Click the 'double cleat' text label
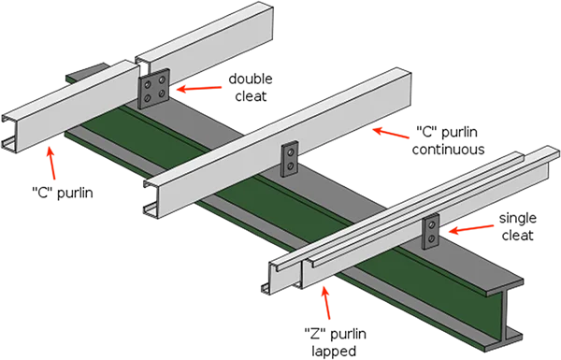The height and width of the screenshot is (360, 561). (251, 87)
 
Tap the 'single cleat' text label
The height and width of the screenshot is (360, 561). (517, 226)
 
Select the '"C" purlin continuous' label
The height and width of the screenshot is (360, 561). (448, 140)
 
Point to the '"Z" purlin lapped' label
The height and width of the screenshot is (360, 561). (335, 342)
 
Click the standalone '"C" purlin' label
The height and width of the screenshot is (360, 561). (63, 193)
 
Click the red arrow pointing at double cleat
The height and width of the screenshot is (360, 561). (199, 88)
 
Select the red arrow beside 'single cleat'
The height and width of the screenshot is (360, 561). (471, 229)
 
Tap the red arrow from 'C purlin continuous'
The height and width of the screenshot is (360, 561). (391, 133)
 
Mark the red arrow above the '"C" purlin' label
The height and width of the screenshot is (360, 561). (51, 164)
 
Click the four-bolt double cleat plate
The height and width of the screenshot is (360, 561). (154, 89)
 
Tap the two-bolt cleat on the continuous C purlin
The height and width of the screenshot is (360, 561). (290, 159)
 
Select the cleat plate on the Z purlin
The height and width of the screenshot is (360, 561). (430, 231)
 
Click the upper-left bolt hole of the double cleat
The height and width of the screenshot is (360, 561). (147, 84)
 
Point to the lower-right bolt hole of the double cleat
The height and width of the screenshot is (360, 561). (162, 94)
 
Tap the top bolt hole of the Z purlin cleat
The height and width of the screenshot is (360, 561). (432, 224)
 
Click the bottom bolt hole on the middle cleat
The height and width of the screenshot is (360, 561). (290, 166)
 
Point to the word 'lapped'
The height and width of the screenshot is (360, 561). (334, 351)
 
